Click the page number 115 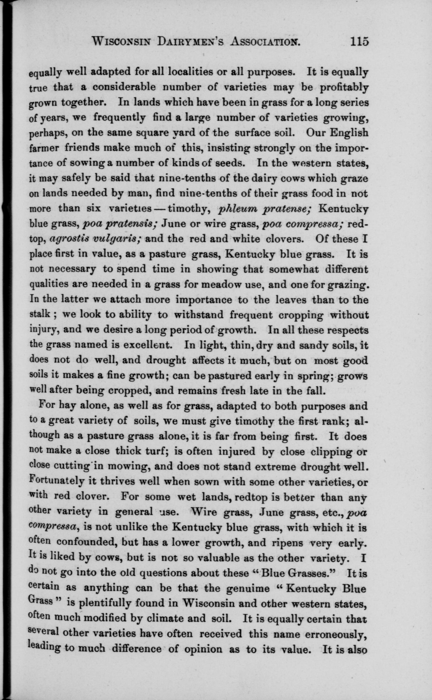coord(359,42)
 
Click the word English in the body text coord(349,133)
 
